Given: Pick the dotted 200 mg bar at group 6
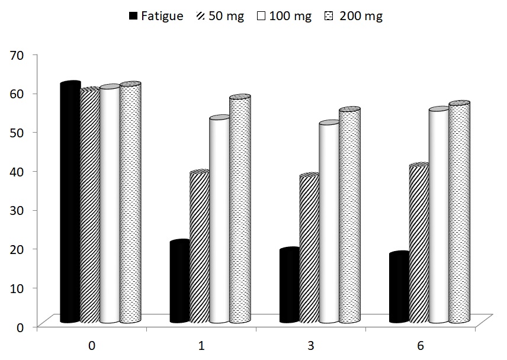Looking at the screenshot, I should pos(459,213).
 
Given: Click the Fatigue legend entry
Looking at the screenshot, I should pos(156,16).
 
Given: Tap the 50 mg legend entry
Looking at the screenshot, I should pos(219,16).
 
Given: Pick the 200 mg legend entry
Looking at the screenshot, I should pos(354,16).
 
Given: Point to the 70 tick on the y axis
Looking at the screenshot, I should pos(17,55).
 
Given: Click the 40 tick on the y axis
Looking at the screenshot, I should pos(17,171).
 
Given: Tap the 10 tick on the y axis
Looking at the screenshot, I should pos(17,288).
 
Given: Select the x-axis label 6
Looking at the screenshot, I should pos(421,346).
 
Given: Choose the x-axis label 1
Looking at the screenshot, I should pos(201,346).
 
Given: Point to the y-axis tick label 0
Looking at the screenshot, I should pos(20,326).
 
